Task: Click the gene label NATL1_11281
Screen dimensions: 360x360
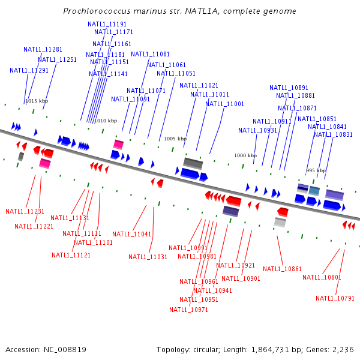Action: pyautogui.click(x=43, y=49)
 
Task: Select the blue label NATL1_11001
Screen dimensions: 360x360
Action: pyautogui.click(x=224, y=104)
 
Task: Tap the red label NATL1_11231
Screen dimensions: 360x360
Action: pyautogui.click(x=25, y=211)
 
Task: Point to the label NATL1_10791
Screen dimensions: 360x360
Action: pyautogui.click(x=335, y=298)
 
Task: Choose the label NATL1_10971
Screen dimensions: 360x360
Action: pyautogui.click(x=188, y=310)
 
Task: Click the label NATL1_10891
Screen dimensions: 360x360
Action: pyautogui.click(x=289, y=88)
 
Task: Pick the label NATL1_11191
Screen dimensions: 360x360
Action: pyautogui.click(x=107, y=24)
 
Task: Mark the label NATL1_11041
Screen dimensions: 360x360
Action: pyautogui.click(x=131, y=234)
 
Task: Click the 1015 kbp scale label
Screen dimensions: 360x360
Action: pyautogui.click(x=36, y=101)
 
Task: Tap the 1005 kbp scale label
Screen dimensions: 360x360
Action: pyautogui.click(x=175, y=139)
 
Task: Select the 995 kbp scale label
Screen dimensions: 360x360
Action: pyautogui.click(x=316, y=170)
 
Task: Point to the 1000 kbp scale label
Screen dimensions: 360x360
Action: pyautogui.click(x=245, y=155)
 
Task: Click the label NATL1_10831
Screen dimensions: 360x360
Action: pyautogui.click(x=333, y=134)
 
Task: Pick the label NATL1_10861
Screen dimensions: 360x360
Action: pyautogui.click(x=283, y=269)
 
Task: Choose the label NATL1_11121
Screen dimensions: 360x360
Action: pyautogui.click(x=71, y=255)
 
